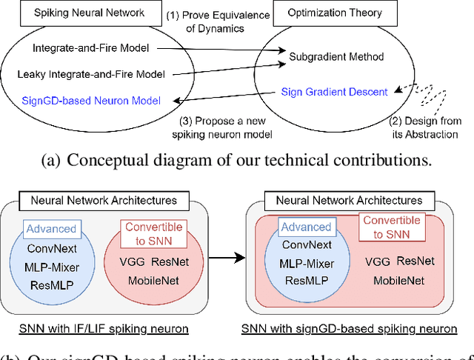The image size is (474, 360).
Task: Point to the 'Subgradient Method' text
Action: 337,56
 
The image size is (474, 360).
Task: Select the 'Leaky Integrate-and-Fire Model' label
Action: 90,73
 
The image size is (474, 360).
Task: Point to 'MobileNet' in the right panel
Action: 398,281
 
